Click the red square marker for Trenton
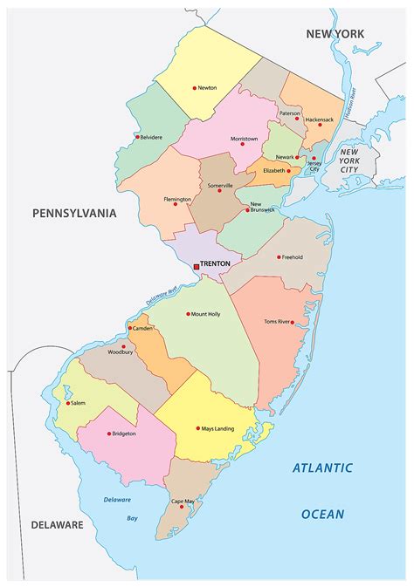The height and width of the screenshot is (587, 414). [x=197, y=264]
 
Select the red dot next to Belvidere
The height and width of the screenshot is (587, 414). [x=137, y=137]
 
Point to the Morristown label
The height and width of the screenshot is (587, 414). [x=244, y=138]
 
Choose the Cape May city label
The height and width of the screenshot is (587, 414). [x=183, y=501]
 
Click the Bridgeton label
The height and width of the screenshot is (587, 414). [x=124, y=433]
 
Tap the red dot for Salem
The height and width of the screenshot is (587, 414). [x=67, y=403]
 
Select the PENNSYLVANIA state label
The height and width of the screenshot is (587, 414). [x=73, y=213]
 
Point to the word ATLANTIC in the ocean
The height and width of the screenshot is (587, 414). [x=322, y=468]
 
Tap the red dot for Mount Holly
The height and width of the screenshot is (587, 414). [x=188, y=314]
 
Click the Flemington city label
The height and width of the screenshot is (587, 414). [x=176, y=199]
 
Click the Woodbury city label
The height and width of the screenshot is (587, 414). [x=121, y=353]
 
